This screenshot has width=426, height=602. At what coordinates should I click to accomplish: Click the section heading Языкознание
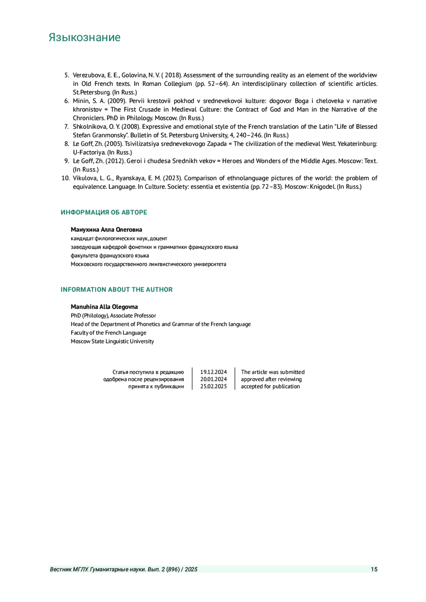tap(84, 37)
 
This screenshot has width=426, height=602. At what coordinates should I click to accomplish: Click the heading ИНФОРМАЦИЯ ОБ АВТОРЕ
tap(104, 212)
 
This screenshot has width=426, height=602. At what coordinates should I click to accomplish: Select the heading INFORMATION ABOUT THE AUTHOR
tap(116, 289)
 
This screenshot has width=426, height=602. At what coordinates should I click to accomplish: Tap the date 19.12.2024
tap(213, 372)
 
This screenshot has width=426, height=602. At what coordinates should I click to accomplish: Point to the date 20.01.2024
tap(213, 379)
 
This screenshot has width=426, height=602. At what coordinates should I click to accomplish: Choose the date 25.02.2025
tap(213, 386)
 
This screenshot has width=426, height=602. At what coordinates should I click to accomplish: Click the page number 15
tap(374, 569)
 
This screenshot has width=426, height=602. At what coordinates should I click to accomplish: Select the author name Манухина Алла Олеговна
tap(106, 230)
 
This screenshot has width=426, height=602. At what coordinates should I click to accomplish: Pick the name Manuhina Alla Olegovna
tap(104, 307)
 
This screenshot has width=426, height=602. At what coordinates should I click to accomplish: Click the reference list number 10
tap(65, 178)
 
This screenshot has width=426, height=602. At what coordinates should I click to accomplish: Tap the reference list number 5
tap(67, 75)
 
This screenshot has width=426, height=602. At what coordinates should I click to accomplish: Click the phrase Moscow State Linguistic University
tap(112, 341)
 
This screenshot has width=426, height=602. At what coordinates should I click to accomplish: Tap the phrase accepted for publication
tap(270, 386)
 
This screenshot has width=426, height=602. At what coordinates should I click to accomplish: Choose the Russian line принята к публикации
tap(156, 386)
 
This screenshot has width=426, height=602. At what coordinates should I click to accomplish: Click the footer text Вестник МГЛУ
tap(69, 569)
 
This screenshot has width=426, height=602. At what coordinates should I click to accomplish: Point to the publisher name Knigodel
tap(322, 187)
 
